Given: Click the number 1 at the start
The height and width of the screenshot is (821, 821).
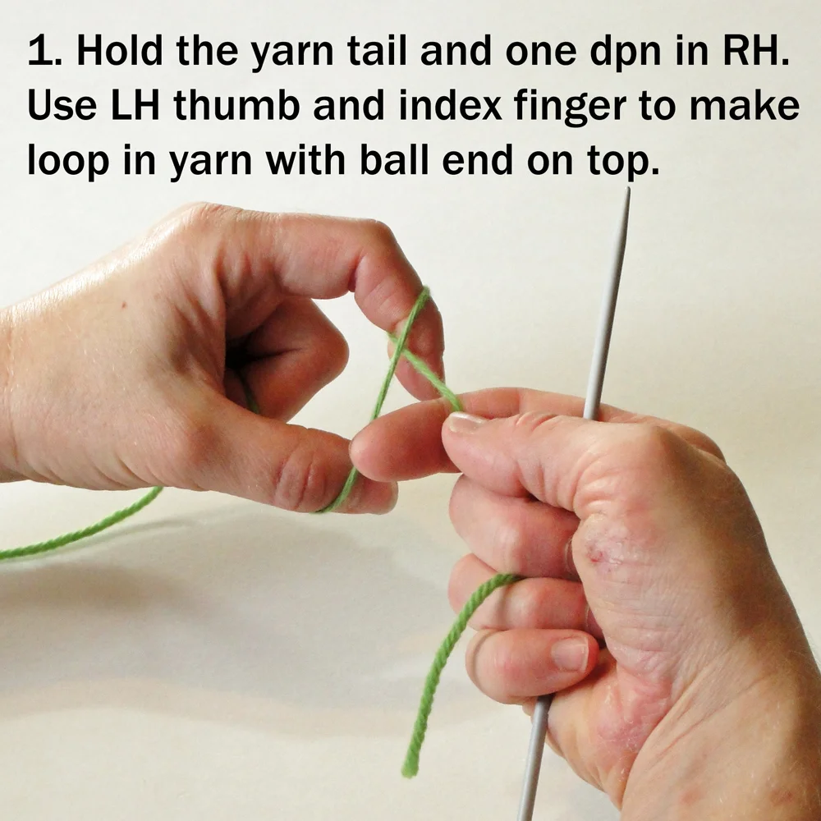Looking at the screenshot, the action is coord(41,51).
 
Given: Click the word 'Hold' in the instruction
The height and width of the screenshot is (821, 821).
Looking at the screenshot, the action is coord(120,50).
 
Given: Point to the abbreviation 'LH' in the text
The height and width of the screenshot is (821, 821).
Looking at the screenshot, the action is coord(135,105).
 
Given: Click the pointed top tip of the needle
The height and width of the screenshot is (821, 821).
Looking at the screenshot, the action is coord(628,188).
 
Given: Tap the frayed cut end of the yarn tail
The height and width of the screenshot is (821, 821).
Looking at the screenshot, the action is coord(409,770).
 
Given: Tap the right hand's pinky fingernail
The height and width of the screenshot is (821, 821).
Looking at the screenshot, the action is coord(571,654).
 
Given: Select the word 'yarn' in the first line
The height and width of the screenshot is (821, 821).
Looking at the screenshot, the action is coord(292,55).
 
